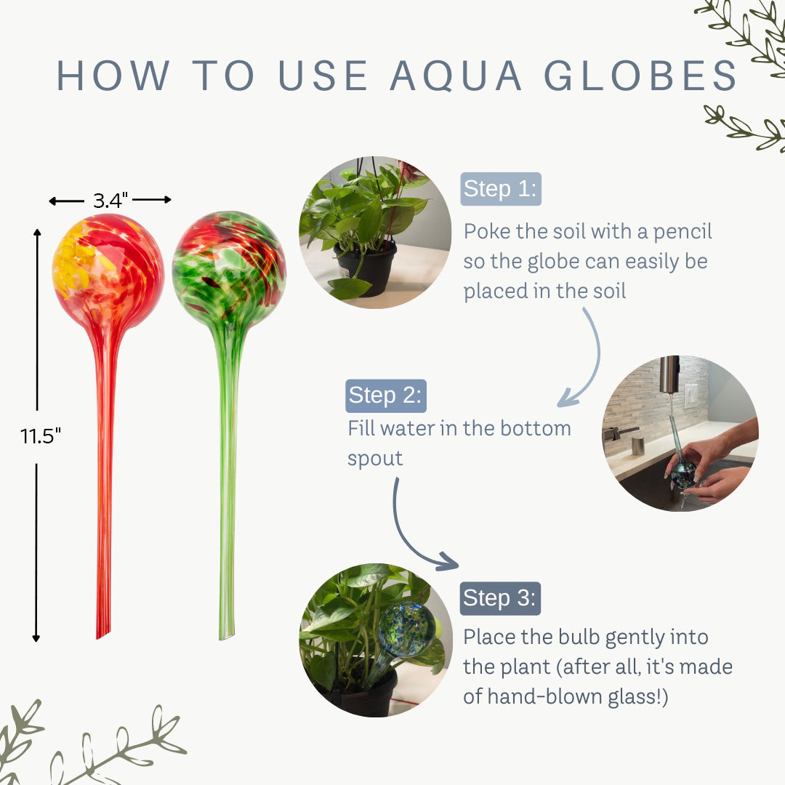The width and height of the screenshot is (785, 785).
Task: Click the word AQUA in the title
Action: [456, 75]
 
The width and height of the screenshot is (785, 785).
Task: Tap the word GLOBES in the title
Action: [640, 75]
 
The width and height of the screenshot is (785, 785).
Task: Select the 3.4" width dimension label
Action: [110, 200]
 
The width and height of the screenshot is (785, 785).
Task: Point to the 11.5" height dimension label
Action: [41, 436]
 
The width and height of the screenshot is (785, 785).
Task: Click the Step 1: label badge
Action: [500, 189]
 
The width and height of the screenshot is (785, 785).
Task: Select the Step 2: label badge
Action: [385, 395]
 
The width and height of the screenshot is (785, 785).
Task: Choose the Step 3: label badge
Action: [500, 598]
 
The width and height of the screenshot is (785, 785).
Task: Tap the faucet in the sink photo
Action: [669, 373]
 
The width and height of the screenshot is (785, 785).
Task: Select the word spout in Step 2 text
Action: [375, 459]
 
